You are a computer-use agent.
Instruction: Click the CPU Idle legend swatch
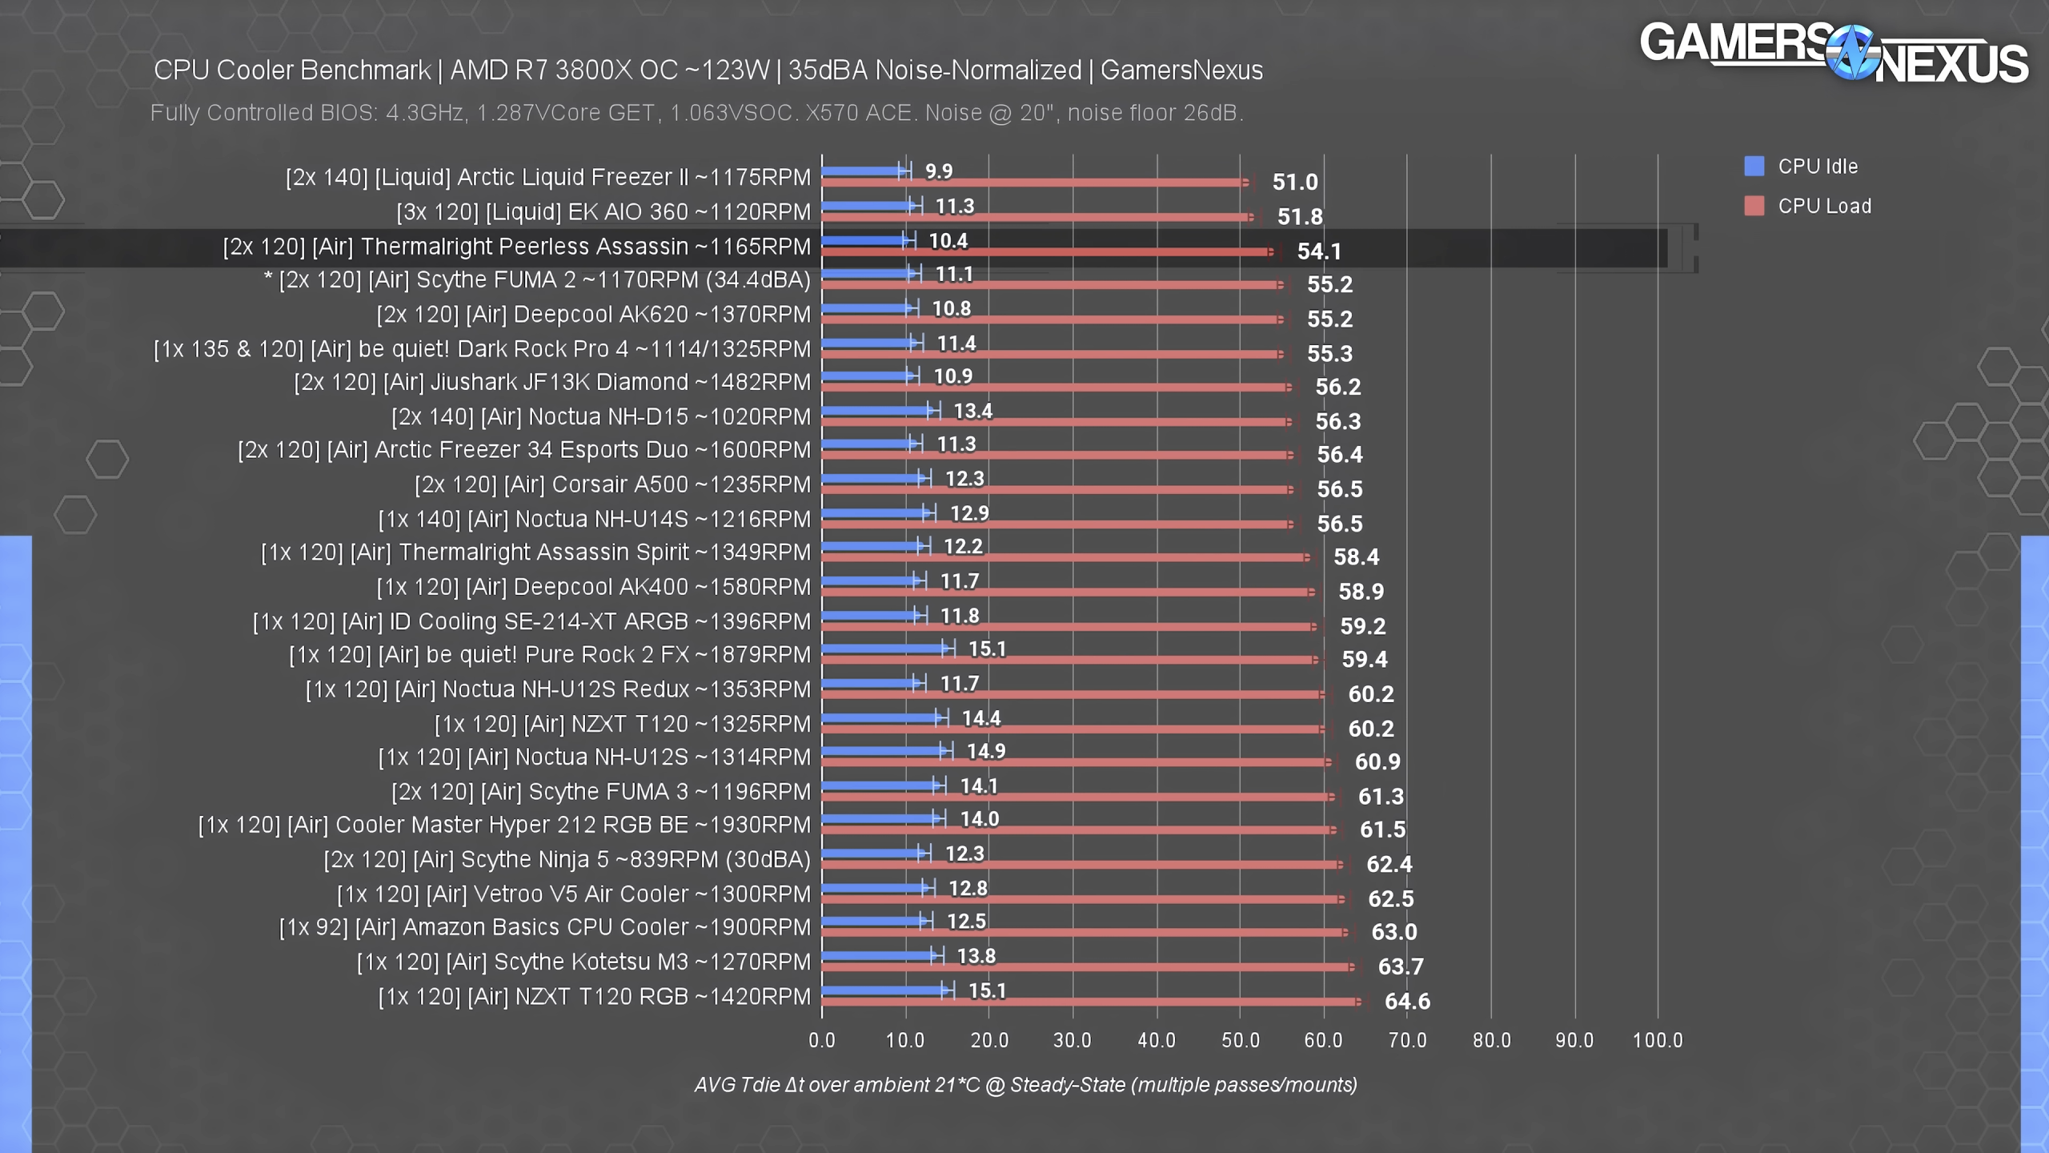(1754, 167)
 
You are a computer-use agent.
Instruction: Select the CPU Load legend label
(1824, 206)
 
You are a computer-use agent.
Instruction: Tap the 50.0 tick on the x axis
(1240, 1040)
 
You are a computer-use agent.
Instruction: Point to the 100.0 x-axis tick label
(1658, 1040)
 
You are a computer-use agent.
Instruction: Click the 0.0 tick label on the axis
(822, 1040)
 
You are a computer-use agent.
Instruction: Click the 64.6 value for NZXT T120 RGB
(1407, 1001)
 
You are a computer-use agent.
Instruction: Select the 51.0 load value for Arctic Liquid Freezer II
(1294, 182)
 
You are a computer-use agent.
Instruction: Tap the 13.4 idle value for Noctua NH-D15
(972, 411)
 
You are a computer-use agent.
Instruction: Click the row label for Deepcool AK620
(593, 315)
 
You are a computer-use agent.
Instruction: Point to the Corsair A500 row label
(612, 484)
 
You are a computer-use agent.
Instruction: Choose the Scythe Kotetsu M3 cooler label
(583, 962)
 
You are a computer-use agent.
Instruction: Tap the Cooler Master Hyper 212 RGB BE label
(504, 825)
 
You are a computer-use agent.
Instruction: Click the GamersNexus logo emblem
(1851, 52)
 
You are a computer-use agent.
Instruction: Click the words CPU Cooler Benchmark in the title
(292, 70)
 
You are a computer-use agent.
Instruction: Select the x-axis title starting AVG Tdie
(1025, 1085)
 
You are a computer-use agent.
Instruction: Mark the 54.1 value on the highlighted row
(1318, 251)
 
